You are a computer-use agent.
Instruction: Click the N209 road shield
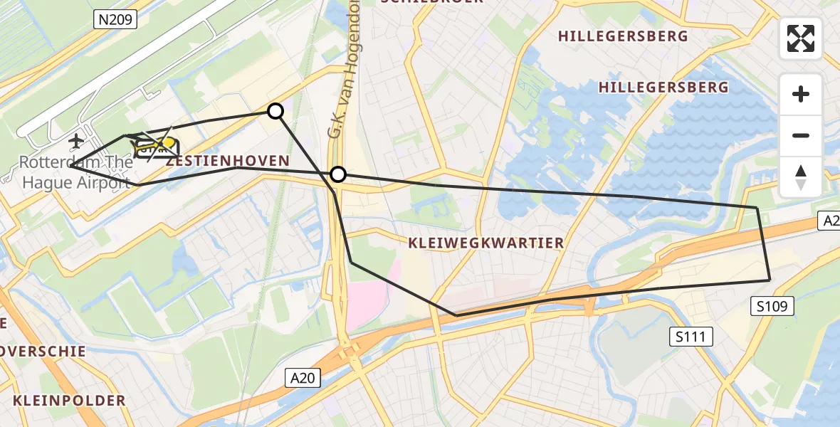pos(115,20)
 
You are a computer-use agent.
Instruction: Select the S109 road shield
pos(772,306)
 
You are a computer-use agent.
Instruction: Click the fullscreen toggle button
pos(801,38)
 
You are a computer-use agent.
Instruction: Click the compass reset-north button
pos(801,177)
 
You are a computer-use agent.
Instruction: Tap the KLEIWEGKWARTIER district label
pos(485,243)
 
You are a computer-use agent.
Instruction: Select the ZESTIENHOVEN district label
pos(228,162)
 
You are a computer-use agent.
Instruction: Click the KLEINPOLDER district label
pos(68,401)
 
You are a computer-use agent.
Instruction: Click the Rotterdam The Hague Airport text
pos(76,172)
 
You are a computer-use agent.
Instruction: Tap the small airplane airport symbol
pos(75,141)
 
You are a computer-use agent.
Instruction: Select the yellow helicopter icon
pos(153,146)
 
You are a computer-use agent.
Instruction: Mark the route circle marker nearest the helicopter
pos(275,110)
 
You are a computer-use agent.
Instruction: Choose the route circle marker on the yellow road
pos(338,174)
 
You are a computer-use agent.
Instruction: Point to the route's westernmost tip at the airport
pos(70,165)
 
